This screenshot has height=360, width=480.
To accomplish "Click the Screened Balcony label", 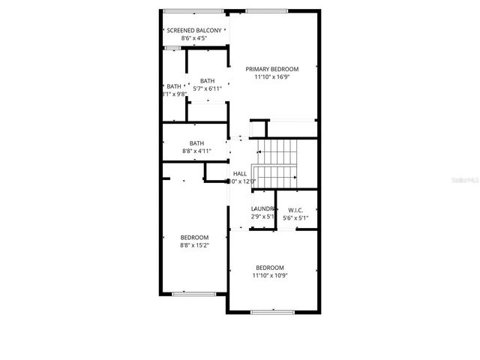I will click(194, 30).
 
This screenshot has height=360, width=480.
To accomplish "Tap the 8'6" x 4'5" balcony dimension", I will click(194, 37).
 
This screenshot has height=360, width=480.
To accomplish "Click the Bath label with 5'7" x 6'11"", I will click(207, 81).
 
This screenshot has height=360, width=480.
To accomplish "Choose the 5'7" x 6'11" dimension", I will click(207, 88).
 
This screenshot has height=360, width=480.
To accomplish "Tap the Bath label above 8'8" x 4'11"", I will click(196, 143).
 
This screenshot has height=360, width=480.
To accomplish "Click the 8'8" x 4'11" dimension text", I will click(196, 151).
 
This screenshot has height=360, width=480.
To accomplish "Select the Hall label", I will click(240, 174).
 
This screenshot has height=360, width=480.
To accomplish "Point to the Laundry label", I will click(263, 209).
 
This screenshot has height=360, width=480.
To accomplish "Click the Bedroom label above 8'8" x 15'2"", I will click(194, 237).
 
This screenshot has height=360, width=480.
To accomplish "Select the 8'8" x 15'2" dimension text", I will click(194, 244).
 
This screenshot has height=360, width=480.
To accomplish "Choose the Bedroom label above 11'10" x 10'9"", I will click(270, 268).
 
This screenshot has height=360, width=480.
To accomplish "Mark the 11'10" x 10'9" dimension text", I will click(270, 275).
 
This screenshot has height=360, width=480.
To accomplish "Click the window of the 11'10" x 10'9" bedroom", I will click(272, 310).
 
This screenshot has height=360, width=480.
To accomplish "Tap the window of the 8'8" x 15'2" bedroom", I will click(193, 292).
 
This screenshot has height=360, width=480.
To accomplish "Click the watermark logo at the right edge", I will click(464, 181).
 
